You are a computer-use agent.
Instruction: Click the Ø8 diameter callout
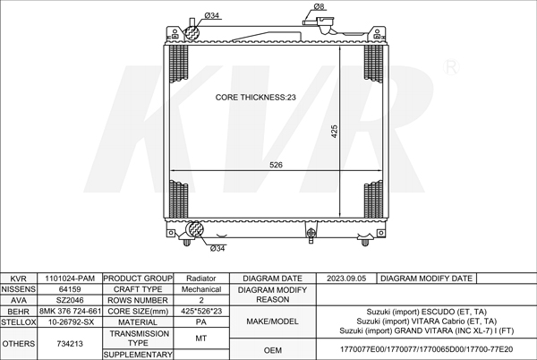tap(319, 6)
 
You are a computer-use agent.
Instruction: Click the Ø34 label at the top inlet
tap(211, 15)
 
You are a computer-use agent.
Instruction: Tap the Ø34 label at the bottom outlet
tap(217, 249)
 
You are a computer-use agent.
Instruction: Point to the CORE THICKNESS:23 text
tap(255, 98)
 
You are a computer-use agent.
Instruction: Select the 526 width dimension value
tap(276, 165)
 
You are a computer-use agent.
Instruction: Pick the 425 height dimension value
tap(334, 131)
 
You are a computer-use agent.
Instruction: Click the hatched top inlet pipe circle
tap(192, 33)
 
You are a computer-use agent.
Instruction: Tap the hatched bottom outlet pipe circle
tap(194, 229)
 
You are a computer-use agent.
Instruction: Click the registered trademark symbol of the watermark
tap(451, 67)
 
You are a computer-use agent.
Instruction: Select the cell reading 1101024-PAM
tap(70, 279)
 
